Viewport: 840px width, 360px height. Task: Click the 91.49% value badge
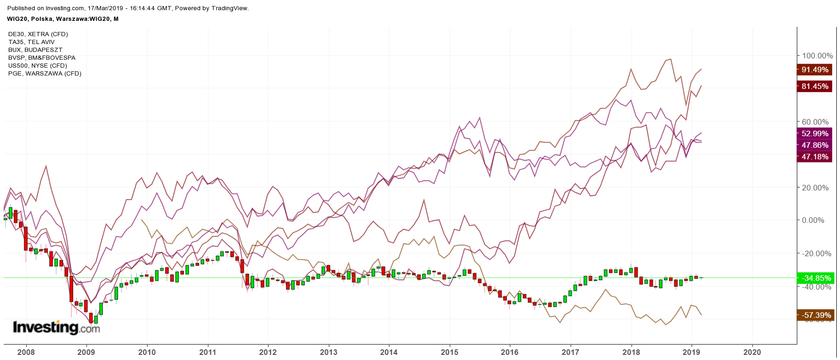pyautogui.click(x=815, y=70)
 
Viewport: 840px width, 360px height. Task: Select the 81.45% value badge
pyautogui.click(x=815, y=87)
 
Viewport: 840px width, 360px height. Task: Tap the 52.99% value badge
pyautogui.click(x=815, y=134)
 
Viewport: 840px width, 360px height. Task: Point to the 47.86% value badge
pyautogui.click(x=815, y=145)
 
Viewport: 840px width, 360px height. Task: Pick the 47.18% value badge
pyautogui.click(x=815, y=157)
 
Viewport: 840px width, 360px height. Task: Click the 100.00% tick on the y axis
pyautogui.click(x=817, y=56)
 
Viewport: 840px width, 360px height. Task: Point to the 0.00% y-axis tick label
pyautogui.click(x=813, y=221)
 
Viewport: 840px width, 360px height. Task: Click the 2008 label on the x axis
pyautogui.click(x=26, y=352)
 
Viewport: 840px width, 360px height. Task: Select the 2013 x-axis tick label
pyautogui.click(x=328, y=352)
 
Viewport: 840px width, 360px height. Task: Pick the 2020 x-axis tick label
pyautogui.click(x=752, y=352)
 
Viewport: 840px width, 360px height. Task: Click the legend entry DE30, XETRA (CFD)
pyautogui.click(x=38, y=34)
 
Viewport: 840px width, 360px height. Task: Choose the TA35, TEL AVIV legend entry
pyautogui.click(x=32, y=42)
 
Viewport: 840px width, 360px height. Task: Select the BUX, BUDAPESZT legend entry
pyautogui.click(x=35, y=50)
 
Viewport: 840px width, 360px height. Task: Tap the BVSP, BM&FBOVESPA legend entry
pyautogui.click(x=42, y=58)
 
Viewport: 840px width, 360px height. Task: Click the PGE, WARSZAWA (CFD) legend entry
pyautogui.click(x=45, y=74)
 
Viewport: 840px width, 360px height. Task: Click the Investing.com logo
pyautogui.click(x=56, y=328)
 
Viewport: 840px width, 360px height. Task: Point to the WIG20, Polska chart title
pyautogui.click(x=63, y=19)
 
